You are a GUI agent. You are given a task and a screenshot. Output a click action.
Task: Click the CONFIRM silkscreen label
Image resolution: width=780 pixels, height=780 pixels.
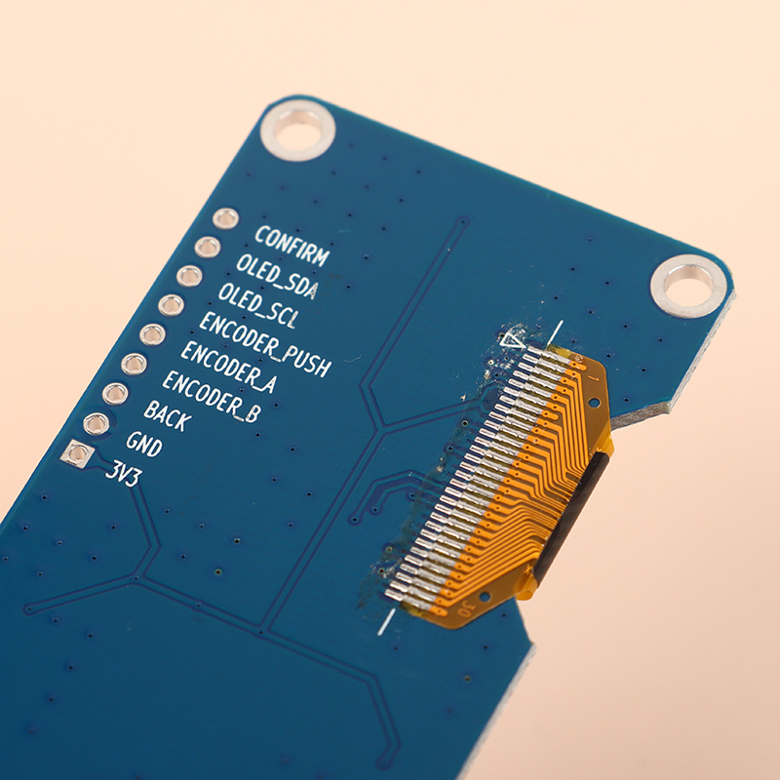coord(292,247)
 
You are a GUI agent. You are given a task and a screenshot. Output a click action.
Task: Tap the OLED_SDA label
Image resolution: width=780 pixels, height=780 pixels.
coord(277,277)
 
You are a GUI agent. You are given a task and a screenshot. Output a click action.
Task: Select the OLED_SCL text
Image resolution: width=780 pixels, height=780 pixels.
coord(258,305)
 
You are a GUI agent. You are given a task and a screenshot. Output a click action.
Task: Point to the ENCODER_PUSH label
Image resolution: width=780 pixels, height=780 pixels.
coord(265,345)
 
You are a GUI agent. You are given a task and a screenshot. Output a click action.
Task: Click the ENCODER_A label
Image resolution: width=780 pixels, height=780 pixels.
coord(228,369)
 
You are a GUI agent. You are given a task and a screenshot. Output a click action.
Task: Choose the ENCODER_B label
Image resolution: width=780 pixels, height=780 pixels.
coord(211,397)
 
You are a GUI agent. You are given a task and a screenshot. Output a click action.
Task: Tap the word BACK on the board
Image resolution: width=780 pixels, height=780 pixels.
coord(167,416)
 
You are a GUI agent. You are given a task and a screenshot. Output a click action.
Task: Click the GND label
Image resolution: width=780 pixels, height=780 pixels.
coord(144,445)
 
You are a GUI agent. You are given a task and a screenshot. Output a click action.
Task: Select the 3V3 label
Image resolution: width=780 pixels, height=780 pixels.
coord(124,475)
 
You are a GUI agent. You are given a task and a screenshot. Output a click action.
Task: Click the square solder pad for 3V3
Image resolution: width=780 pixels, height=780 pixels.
coord(78,453)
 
